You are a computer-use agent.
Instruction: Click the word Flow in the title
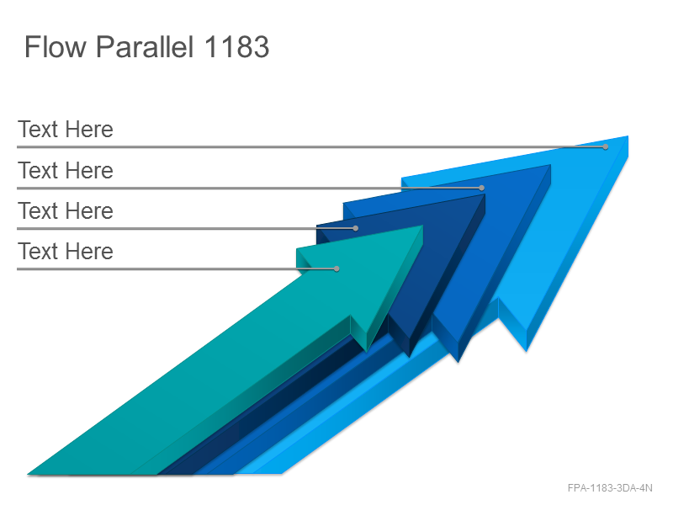click(x=56, y=46)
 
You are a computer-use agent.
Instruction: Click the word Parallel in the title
click(x=145, y=46)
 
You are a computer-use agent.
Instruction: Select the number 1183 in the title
click(x=236, y=46)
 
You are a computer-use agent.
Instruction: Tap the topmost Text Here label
click(x=66, y=130)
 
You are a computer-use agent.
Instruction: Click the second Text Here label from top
click(x=66, y=171)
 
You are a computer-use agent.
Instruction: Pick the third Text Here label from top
click(x=66, y=211)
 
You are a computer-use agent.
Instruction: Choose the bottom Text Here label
click(x=66, y=251)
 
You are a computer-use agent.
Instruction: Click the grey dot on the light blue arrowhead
click(x=605, y=146)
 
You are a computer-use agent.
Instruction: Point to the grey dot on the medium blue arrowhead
click(x=481, y=188)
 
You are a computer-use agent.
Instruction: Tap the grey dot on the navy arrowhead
click(x=355, y=228)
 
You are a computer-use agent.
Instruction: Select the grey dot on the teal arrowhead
click(x=337, y=268)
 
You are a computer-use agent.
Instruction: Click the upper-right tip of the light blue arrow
click(x=628, y=136)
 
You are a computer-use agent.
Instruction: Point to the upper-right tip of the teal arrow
click(x=423, y=226)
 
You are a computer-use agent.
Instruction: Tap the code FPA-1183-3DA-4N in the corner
click(x=610, y=488)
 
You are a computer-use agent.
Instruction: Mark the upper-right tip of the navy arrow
click(x=485, y=194)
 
